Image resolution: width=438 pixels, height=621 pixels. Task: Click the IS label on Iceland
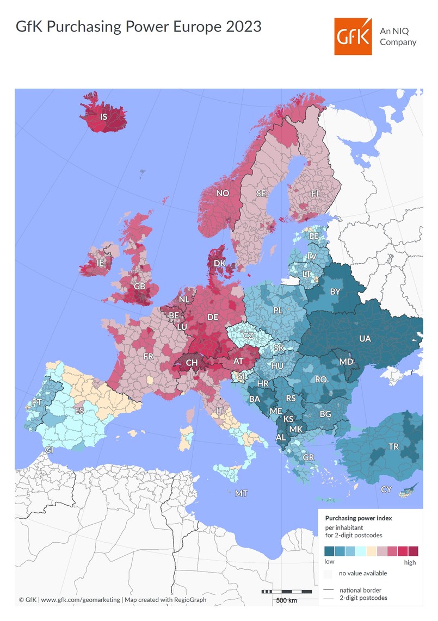pyautogui.click(x=103, y=116)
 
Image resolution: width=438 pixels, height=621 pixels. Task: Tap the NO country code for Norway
pyautogui.click(x=223, y=193)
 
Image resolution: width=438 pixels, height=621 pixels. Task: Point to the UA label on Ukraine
pyautogui.click(x=365, y=339)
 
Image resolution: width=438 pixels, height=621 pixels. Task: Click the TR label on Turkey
pyautogui.click(x=393, y=447)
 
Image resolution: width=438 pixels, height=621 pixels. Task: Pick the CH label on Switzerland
pyautogui.click(x=192, y=362)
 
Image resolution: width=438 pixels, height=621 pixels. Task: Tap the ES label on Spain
pyautogui.click(x=79, y=411)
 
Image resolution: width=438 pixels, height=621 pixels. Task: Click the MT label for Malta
pyautogui.click(x=241, y=494)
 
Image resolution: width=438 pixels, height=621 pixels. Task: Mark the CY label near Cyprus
pyautogui.click(x=386, y=490)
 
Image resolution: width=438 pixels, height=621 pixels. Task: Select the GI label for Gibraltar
pyautogui.click(x=50, y=450)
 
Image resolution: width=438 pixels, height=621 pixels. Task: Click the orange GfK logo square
pyautogui.click(x=353, y=36)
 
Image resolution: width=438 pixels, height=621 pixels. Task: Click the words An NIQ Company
pyautogui.click(x=398, y=36)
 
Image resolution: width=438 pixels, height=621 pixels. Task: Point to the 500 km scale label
pyautogui.click(x=286, y=600)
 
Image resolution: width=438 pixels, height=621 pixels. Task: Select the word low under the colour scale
pyautogui.click(x=329, y=561)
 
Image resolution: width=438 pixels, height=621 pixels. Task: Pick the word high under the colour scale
pyautogui.click(x=410, y=562)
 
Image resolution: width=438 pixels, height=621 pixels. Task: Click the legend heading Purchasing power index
pyautogui.click(x=358, y=518)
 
